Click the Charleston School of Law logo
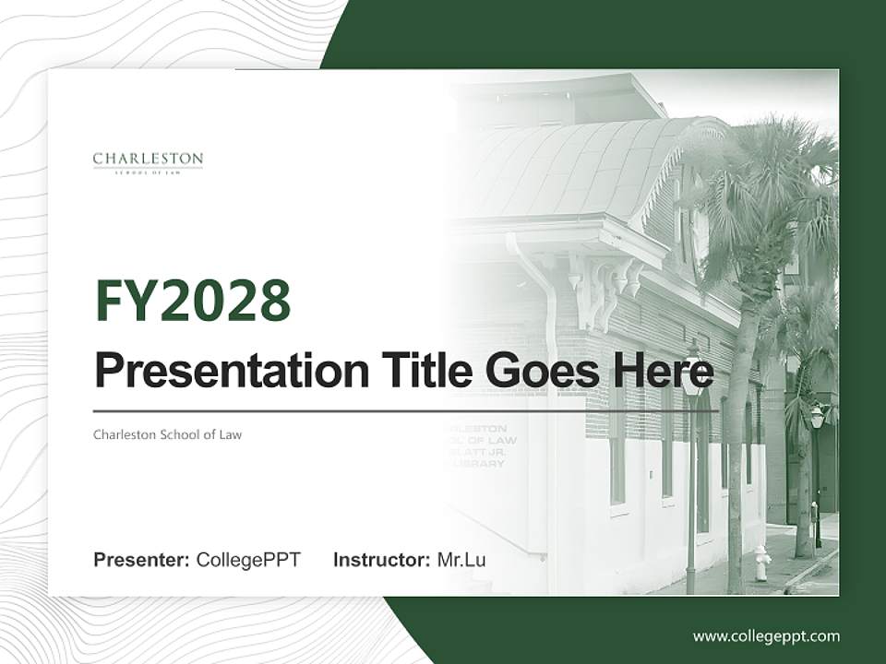(x=148, y=162)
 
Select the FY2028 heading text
(x=193, y=301)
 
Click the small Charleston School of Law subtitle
(x=167, y=434)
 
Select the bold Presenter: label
(x=142, y=560)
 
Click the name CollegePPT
(x=248, y=560)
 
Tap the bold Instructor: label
(x=381, y=560)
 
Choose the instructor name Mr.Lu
(x=461, y=560)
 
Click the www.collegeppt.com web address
(x=766, y=636)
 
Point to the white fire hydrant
(x=761, y=563)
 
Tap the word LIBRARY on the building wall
(x=480, y=464)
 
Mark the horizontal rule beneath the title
(x=406, y=411)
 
